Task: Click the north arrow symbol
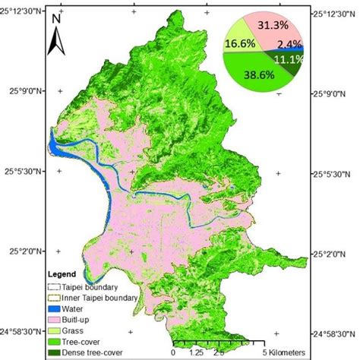pos(56,38)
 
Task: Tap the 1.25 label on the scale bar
pos(195,352)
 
